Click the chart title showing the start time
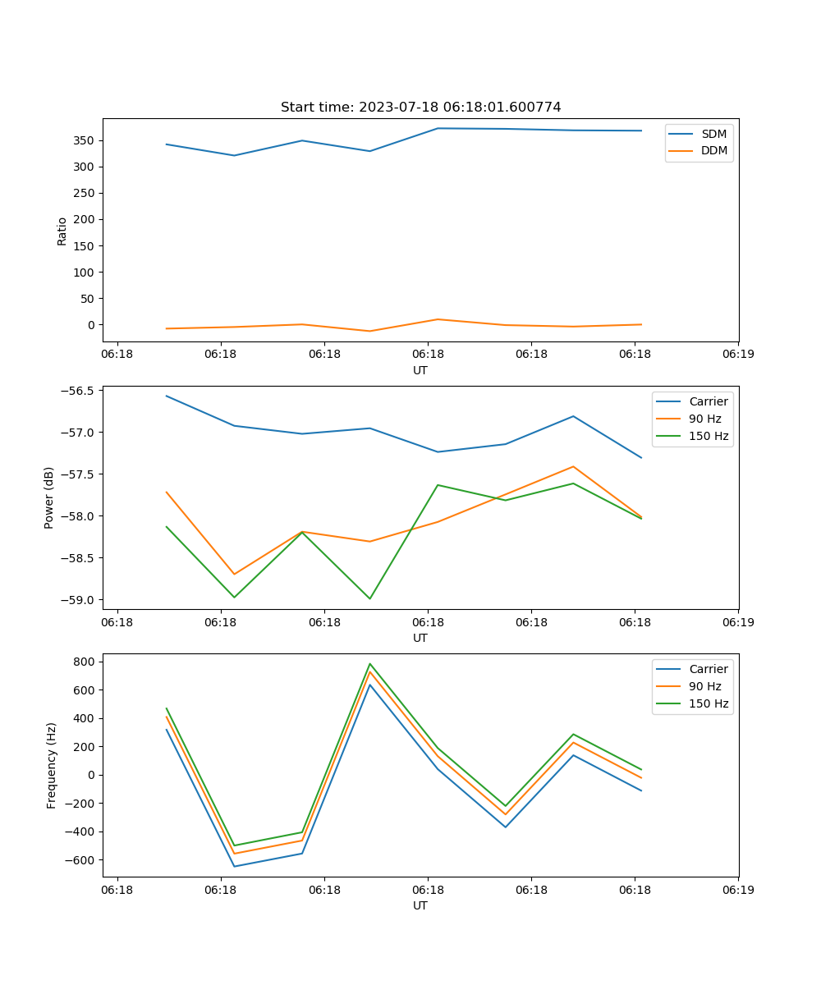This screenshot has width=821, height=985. coord(420,108)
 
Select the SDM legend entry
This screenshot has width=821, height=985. coord(713,134)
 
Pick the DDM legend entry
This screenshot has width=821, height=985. coord(713,150)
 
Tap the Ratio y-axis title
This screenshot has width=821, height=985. coord(62,231)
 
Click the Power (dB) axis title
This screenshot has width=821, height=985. coord(49,497)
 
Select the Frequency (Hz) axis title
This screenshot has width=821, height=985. coord(51,765)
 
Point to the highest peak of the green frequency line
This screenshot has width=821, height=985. coord(369,664)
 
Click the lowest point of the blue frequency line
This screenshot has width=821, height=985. coord(234,866)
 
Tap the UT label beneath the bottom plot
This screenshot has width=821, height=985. coord(420,905)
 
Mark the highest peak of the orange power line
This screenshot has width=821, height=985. coord(573,466)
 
